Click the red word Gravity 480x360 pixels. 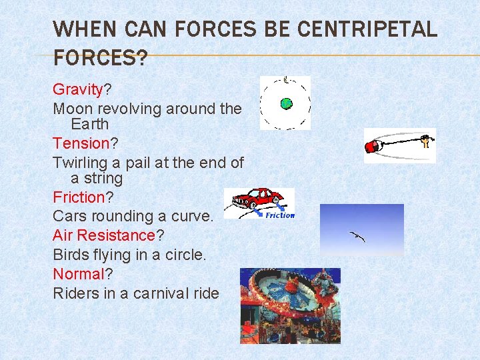tap(77, 89)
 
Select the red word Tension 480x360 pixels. tap(81, 143)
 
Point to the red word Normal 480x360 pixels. tap(79, 274)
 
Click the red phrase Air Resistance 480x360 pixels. tap(103, 235)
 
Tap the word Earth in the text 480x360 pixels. tap(89, 125)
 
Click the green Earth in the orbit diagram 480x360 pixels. tap(286, 103)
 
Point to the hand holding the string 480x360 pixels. tap(427, 141)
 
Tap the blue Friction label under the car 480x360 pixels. tap(279, 215)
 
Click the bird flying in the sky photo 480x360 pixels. tap(357, 236)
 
